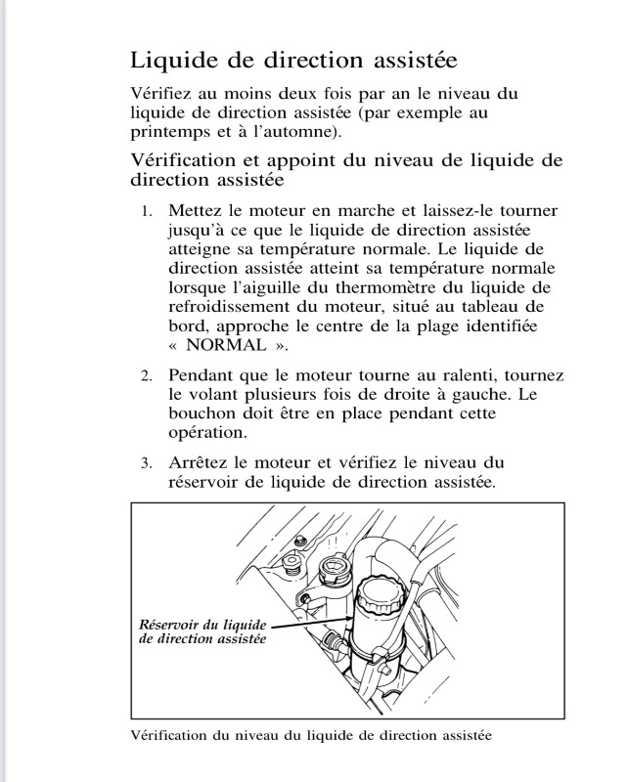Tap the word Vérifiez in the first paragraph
point(161,94)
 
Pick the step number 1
point(146,211)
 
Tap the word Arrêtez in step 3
point(201,461)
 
